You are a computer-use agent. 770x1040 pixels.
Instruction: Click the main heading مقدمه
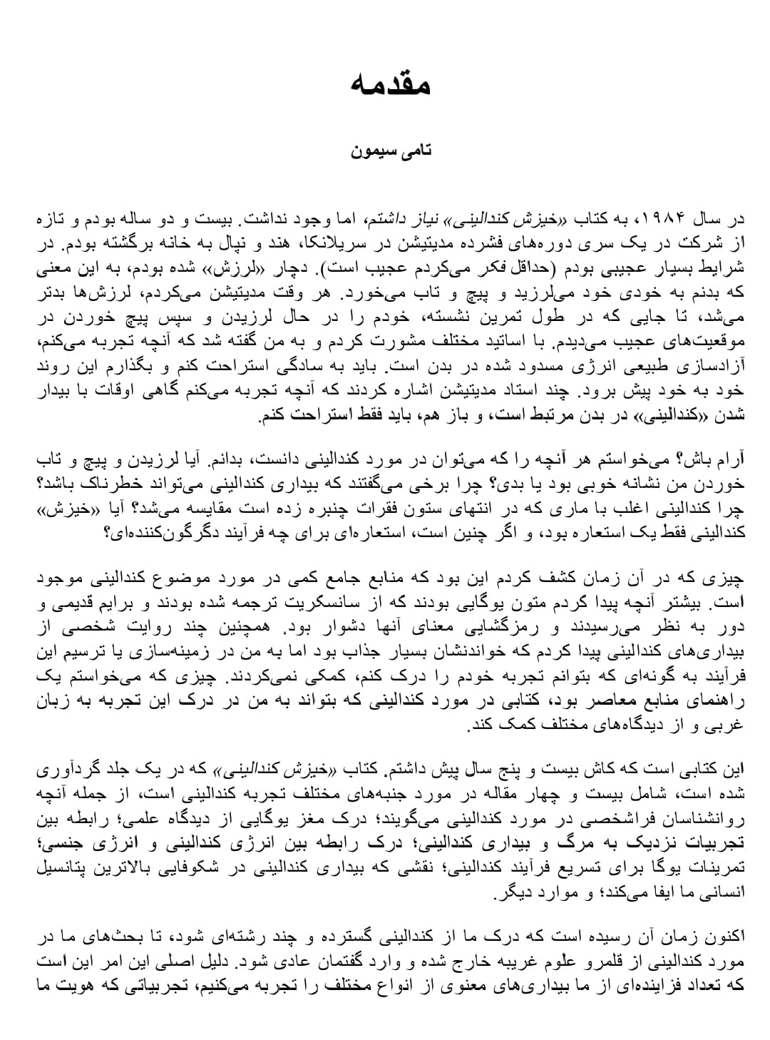pos(390,84)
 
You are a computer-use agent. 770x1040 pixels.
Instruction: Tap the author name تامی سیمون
pos(391,151)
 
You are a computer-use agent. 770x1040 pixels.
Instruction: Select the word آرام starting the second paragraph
pos(729,457)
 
